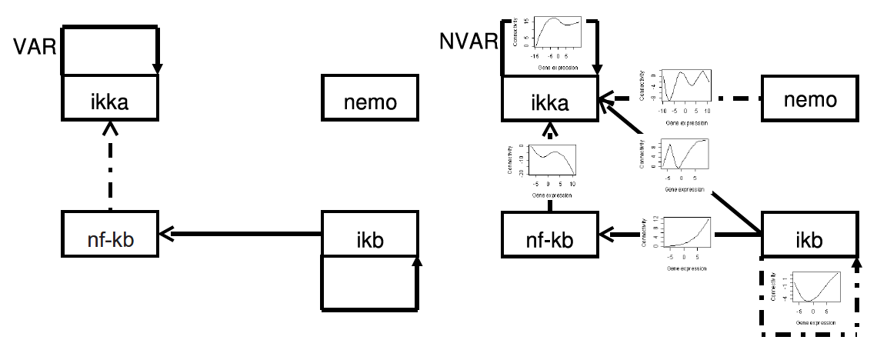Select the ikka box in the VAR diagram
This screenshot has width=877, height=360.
coord(109,97)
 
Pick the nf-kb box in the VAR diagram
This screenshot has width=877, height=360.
coord(109,232)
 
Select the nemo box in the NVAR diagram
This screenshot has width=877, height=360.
coord(809,100)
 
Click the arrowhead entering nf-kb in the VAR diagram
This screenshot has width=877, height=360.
coord(165,232)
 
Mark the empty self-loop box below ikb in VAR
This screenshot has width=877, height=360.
coord(370,283)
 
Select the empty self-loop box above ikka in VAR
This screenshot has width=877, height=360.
coord(109,51)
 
